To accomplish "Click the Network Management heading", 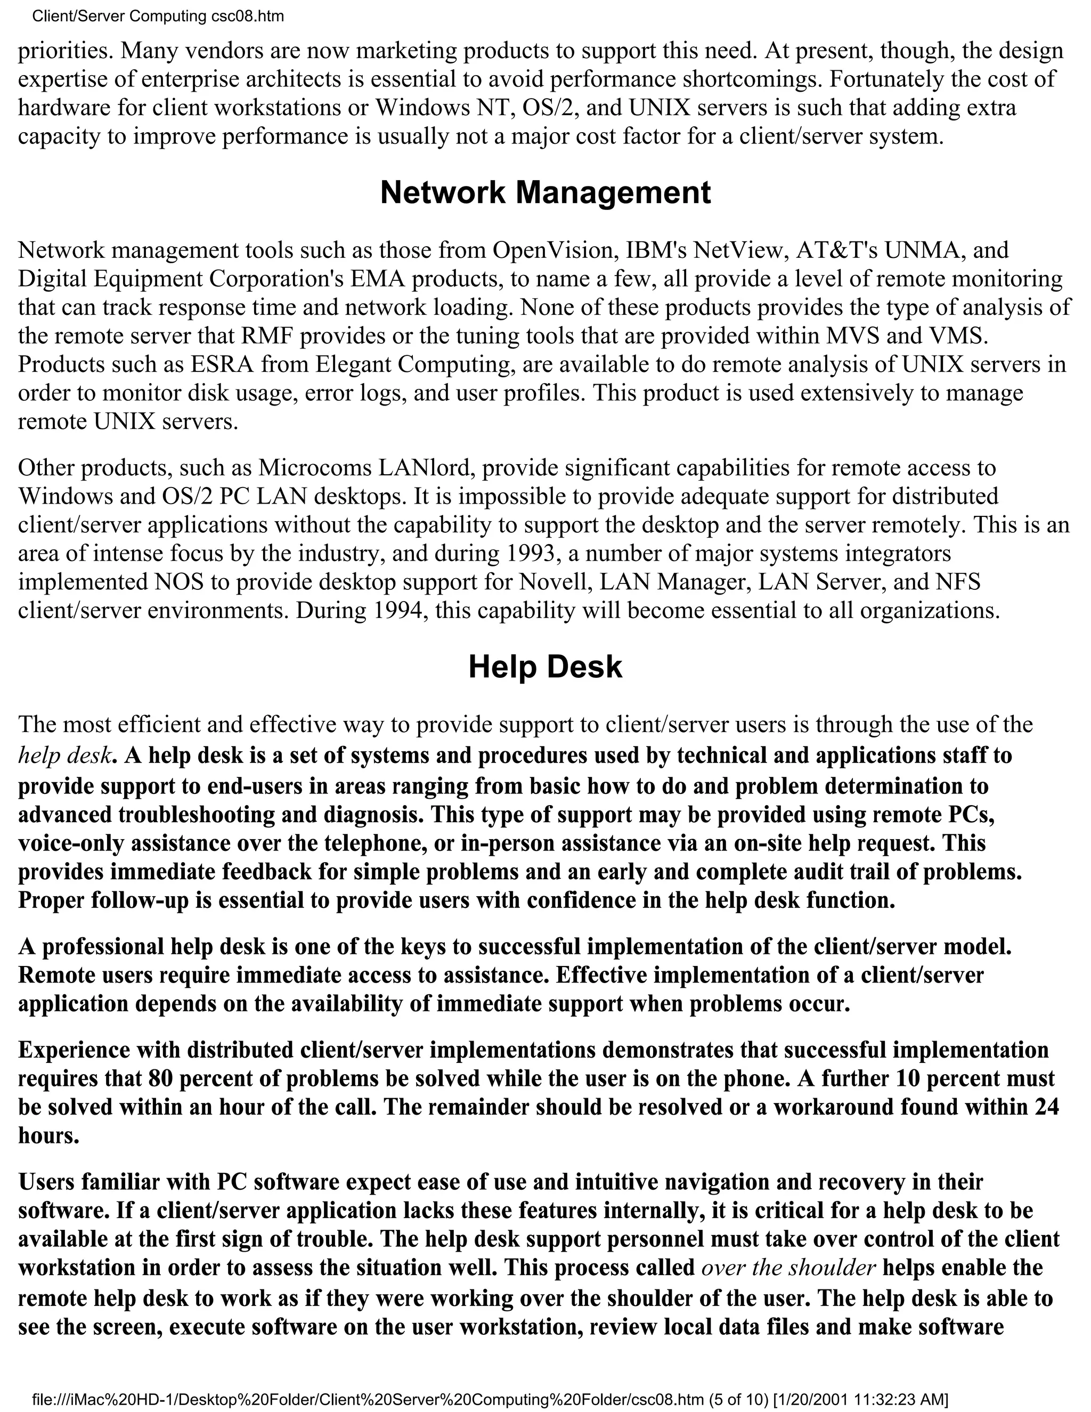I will (545, 193).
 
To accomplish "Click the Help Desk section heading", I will (545, 667).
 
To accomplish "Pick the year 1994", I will (400, 610).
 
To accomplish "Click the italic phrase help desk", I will (64, 755).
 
